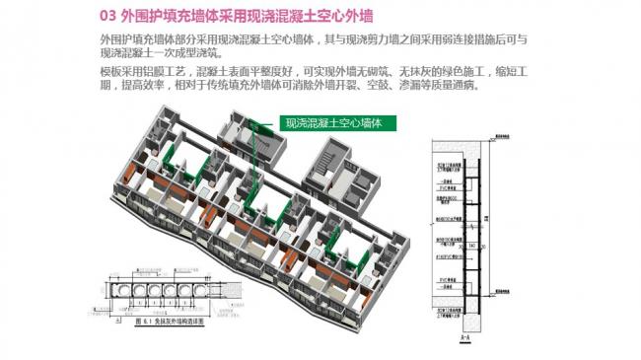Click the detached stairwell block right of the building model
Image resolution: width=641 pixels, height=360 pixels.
[356, 169]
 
